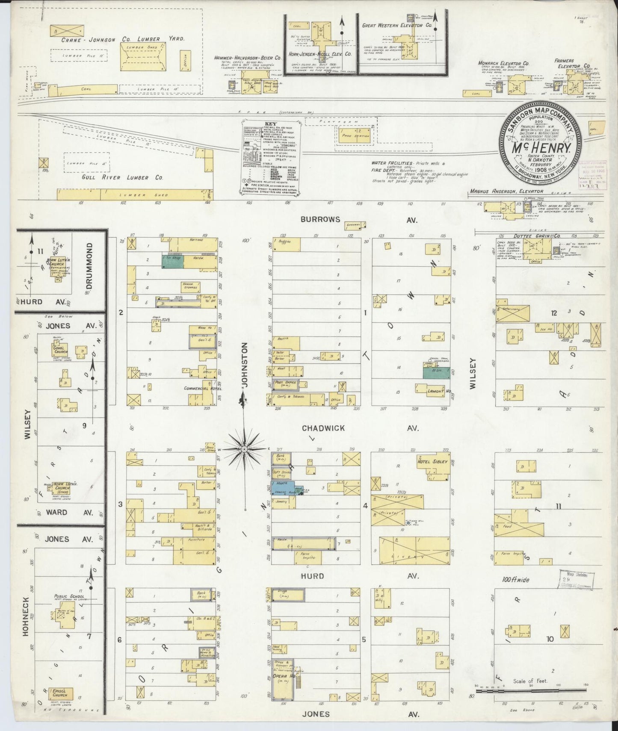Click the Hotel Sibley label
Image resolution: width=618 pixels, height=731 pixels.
(433, 462)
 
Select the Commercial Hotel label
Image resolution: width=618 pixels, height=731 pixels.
(199, 388)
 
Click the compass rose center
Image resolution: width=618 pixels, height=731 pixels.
(244, 449)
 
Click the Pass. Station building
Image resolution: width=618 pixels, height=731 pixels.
(353, 135)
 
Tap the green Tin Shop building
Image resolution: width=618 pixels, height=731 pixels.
(172, 262)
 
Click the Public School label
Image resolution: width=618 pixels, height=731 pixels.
(69, 596)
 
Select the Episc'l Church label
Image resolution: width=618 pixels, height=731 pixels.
(57, 692)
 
